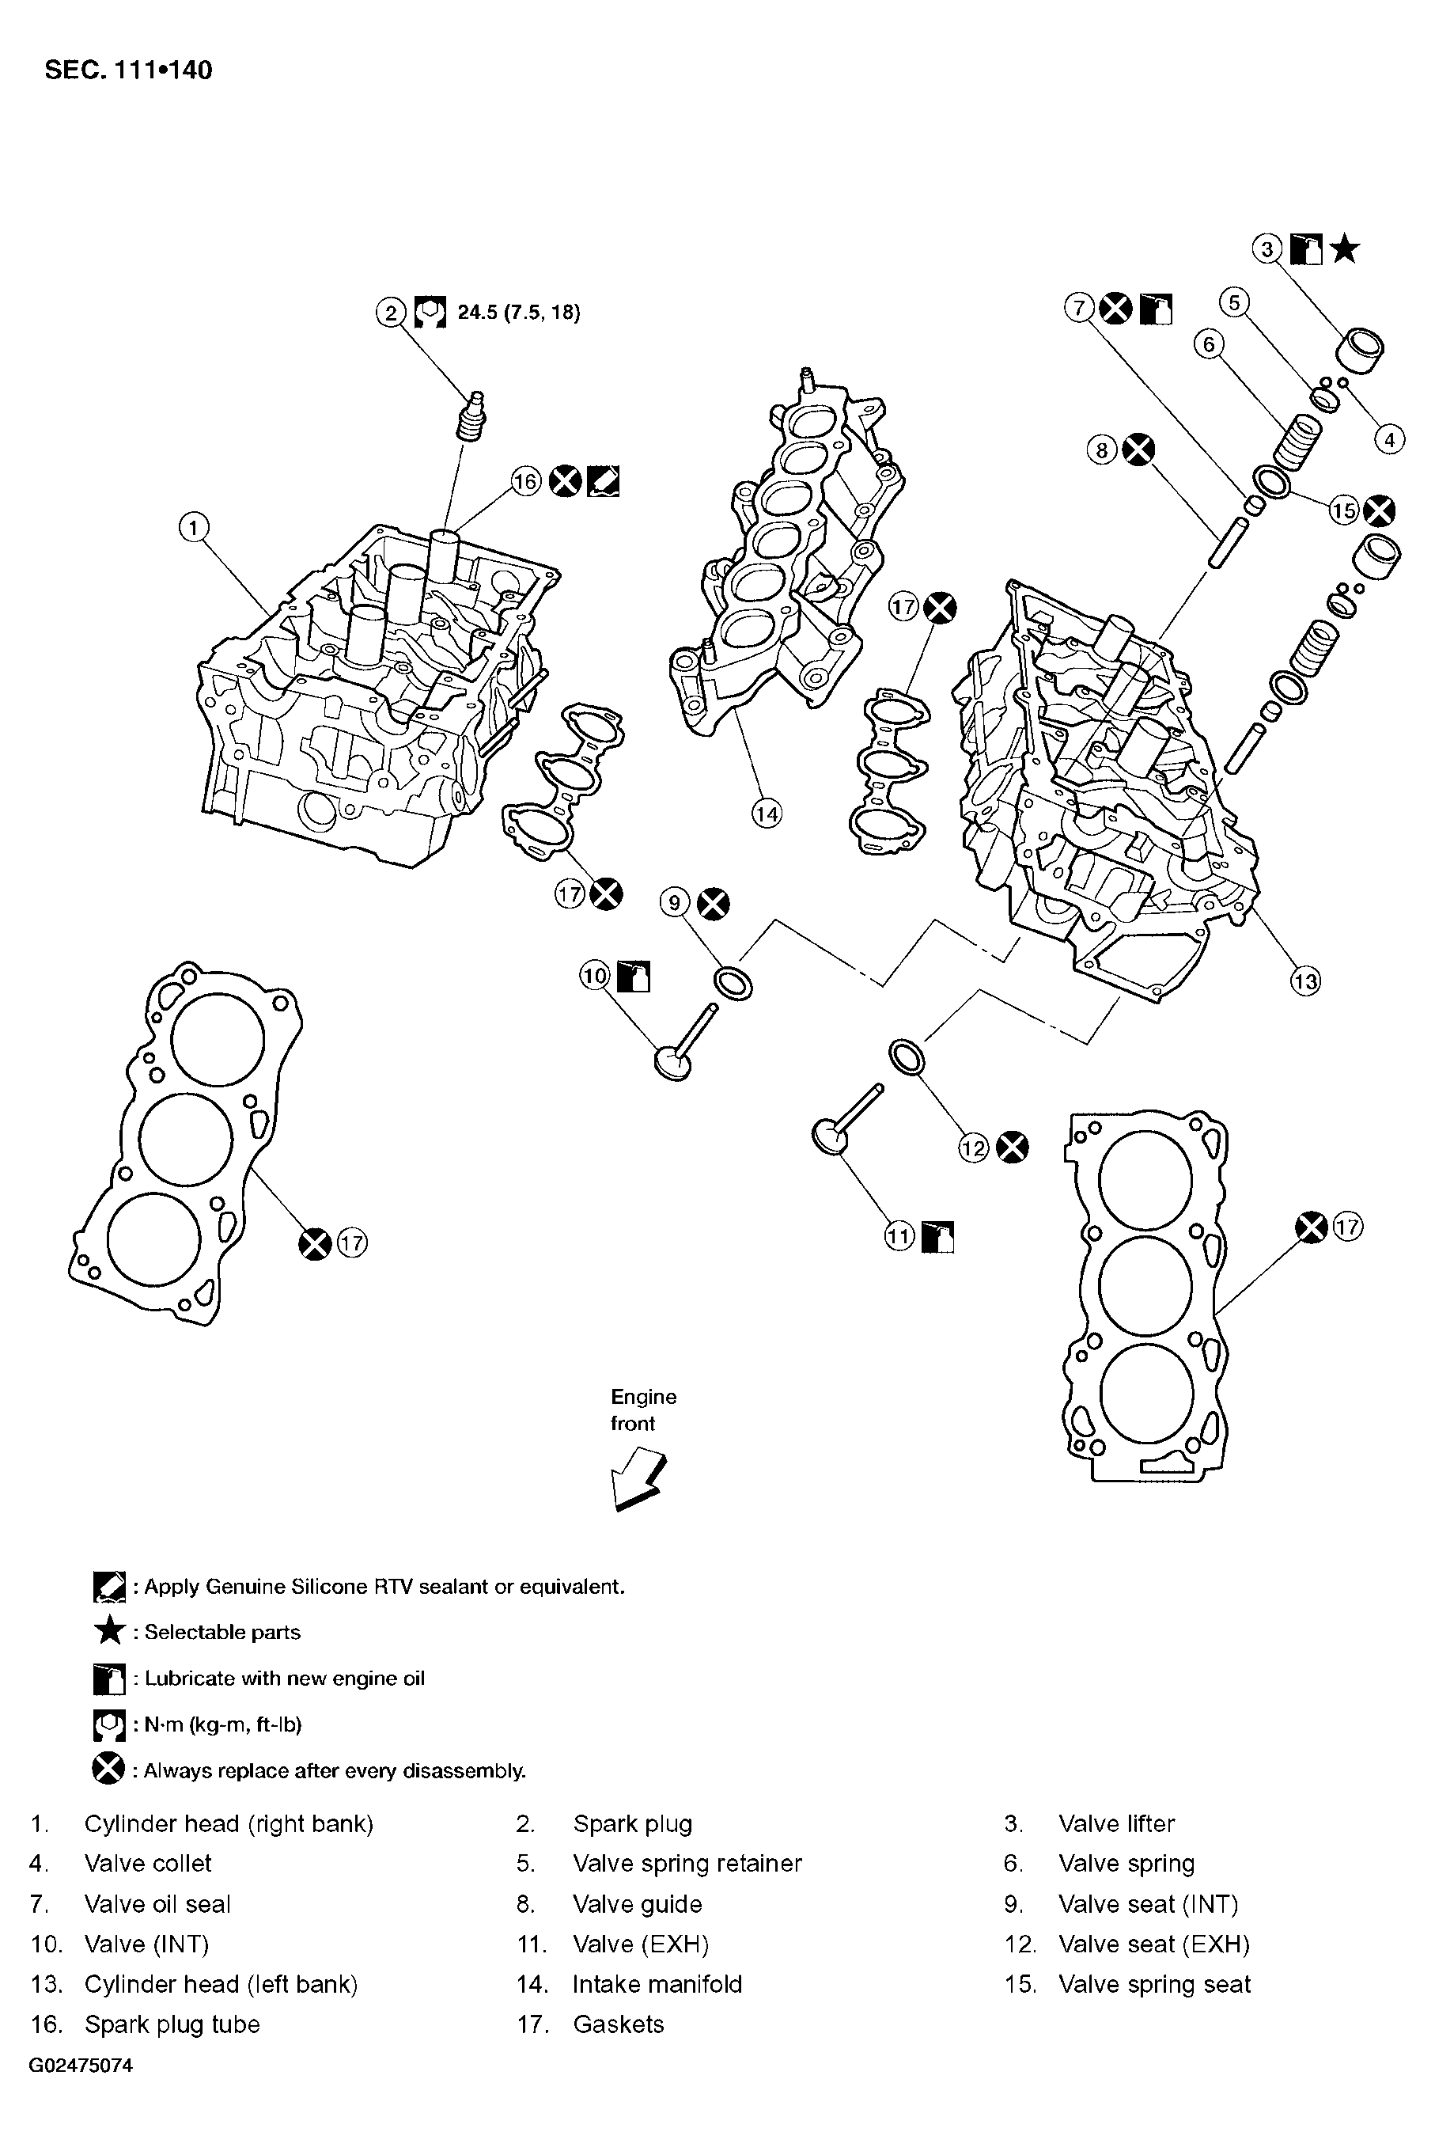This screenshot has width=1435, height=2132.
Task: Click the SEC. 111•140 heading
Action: pos(128,70)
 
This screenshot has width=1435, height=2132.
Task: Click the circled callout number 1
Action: pos(193,527)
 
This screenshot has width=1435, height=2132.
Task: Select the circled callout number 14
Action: pos(766,813)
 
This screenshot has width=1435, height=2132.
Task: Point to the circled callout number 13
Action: pos(1305,981)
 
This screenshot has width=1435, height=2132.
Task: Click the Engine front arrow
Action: pos(637,1477)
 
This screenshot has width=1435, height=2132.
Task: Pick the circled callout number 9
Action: pos(675,904)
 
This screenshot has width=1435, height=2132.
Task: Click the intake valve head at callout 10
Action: pos(673,1064)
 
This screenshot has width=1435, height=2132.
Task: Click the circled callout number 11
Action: pos(899,1237)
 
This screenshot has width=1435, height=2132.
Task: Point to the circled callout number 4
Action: pos(1388,440)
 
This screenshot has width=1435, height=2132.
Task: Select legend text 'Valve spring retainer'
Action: pos(687,1863)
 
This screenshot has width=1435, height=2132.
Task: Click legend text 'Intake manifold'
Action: pos(657,1984)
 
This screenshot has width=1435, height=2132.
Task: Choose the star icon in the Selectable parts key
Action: pos(110,1630)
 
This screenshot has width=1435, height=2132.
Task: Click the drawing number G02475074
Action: pos(81,2066)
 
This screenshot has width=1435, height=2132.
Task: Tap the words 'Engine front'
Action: pos(643,1409)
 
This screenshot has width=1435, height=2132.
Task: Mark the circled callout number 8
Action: pos(1102,450)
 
